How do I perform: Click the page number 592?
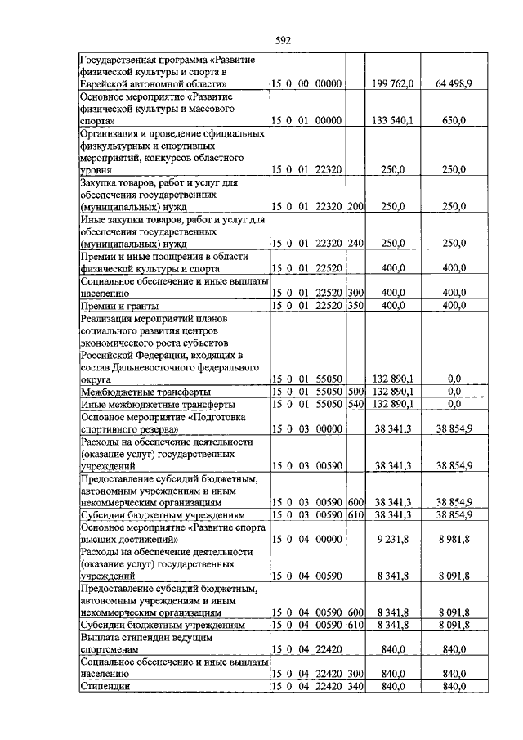pyautogui.click(x=284, y=38)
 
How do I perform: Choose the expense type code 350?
pyautogui.click(x=355, y=305)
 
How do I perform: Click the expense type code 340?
pyautogui.click(x=355, y=686)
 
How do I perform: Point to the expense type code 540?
pyautogui.click(x=355, y=404)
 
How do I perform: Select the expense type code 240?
pyautogui.click(x=355, y=244)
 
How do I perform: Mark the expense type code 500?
pyautogui.click(x=355, y=392)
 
